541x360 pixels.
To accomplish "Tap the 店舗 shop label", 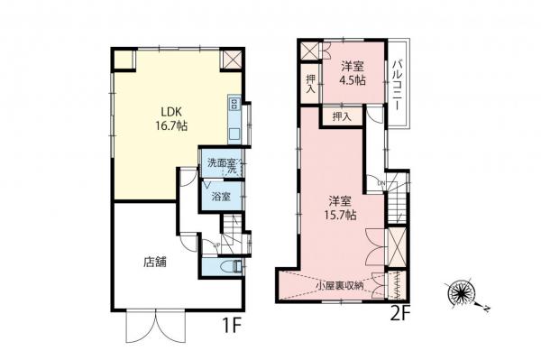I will [x=154, y=264].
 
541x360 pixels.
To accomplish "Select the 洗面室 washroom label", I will [x=217, y=162].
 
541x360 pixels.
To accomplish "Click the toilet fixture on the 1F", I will [x=233, y=267].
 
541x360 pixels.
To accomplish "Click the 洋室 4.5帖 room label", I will [x=353, y=73].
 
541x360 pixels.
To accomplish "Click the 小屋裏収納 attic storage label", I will [x=340, y=286].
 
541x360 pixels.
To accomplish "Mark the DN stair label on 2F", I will [x=381, y=184].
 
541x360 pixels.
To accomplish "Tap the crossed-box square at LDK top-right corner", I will [x=232, y=60].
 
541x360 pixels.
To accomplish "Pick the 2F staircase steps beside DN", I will [x=399, y=208].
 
